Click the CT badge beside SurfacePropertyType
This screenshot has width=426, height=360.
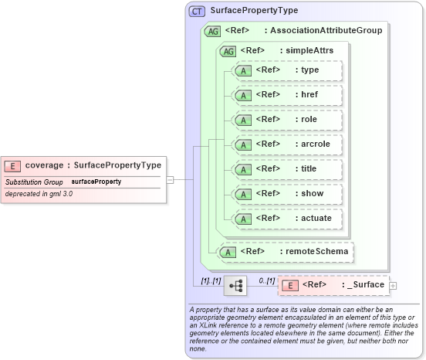tap(197, 11)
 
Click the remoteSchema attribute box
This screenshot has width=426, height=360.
tap(286, 251)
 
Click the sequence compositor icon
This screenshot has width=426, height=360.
tap(235, 286)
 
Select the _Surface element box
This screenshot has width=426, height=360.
tap(333, 285)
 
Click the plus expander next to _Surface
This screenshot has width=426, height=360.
tap(393, 286)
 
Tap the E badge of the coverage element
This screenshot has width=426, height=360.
tap(13, 165)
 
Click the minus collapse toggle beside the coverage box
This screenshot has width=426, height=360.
tap(170, 180)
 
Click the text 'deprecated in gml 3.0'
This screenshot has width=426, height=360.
tap(39, 194)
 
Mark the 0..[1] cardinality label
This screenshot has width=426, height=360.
tap(265, 280)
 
